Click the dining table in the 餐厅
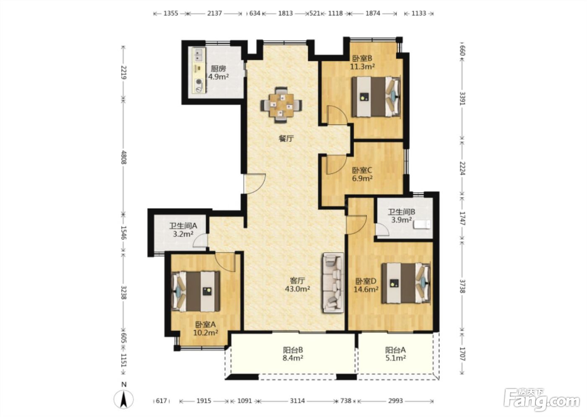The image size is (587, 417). coord(281,105)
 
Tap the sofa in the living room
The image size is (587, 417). coord(333,283)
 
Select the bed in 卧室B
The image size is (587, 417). coord(376,97)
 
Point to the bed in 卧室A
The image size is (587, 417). coord(195,291)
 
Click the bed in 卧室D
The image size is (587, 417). coord(406,283)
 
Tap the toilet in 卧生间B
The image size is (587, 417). coord(422,224)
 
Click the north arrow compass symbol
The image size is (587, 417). coord(124,399)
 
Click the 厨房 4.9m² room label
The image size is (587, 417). coord(218,72)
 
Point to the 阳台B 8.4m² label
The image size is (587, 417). coord(293,354)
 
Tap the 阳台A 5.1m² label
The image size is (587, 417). coord(395,354)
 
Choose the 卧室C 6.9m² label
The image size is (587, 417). coord(362,175)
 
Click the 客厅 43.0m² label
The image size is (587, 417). coord(297,285)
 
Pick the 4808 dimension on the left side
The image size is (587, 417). coord(123,157)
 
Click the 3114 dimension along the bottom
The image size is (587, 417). coord(297,401)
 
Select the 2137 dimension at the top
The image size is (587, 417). coord(215,13)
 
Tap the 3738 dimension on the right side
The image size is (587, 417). coord(463,286)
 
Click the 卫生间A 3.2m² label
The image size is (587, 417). coord(183,230)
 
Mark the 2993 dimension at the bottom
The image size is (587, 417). coord(395,401)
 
